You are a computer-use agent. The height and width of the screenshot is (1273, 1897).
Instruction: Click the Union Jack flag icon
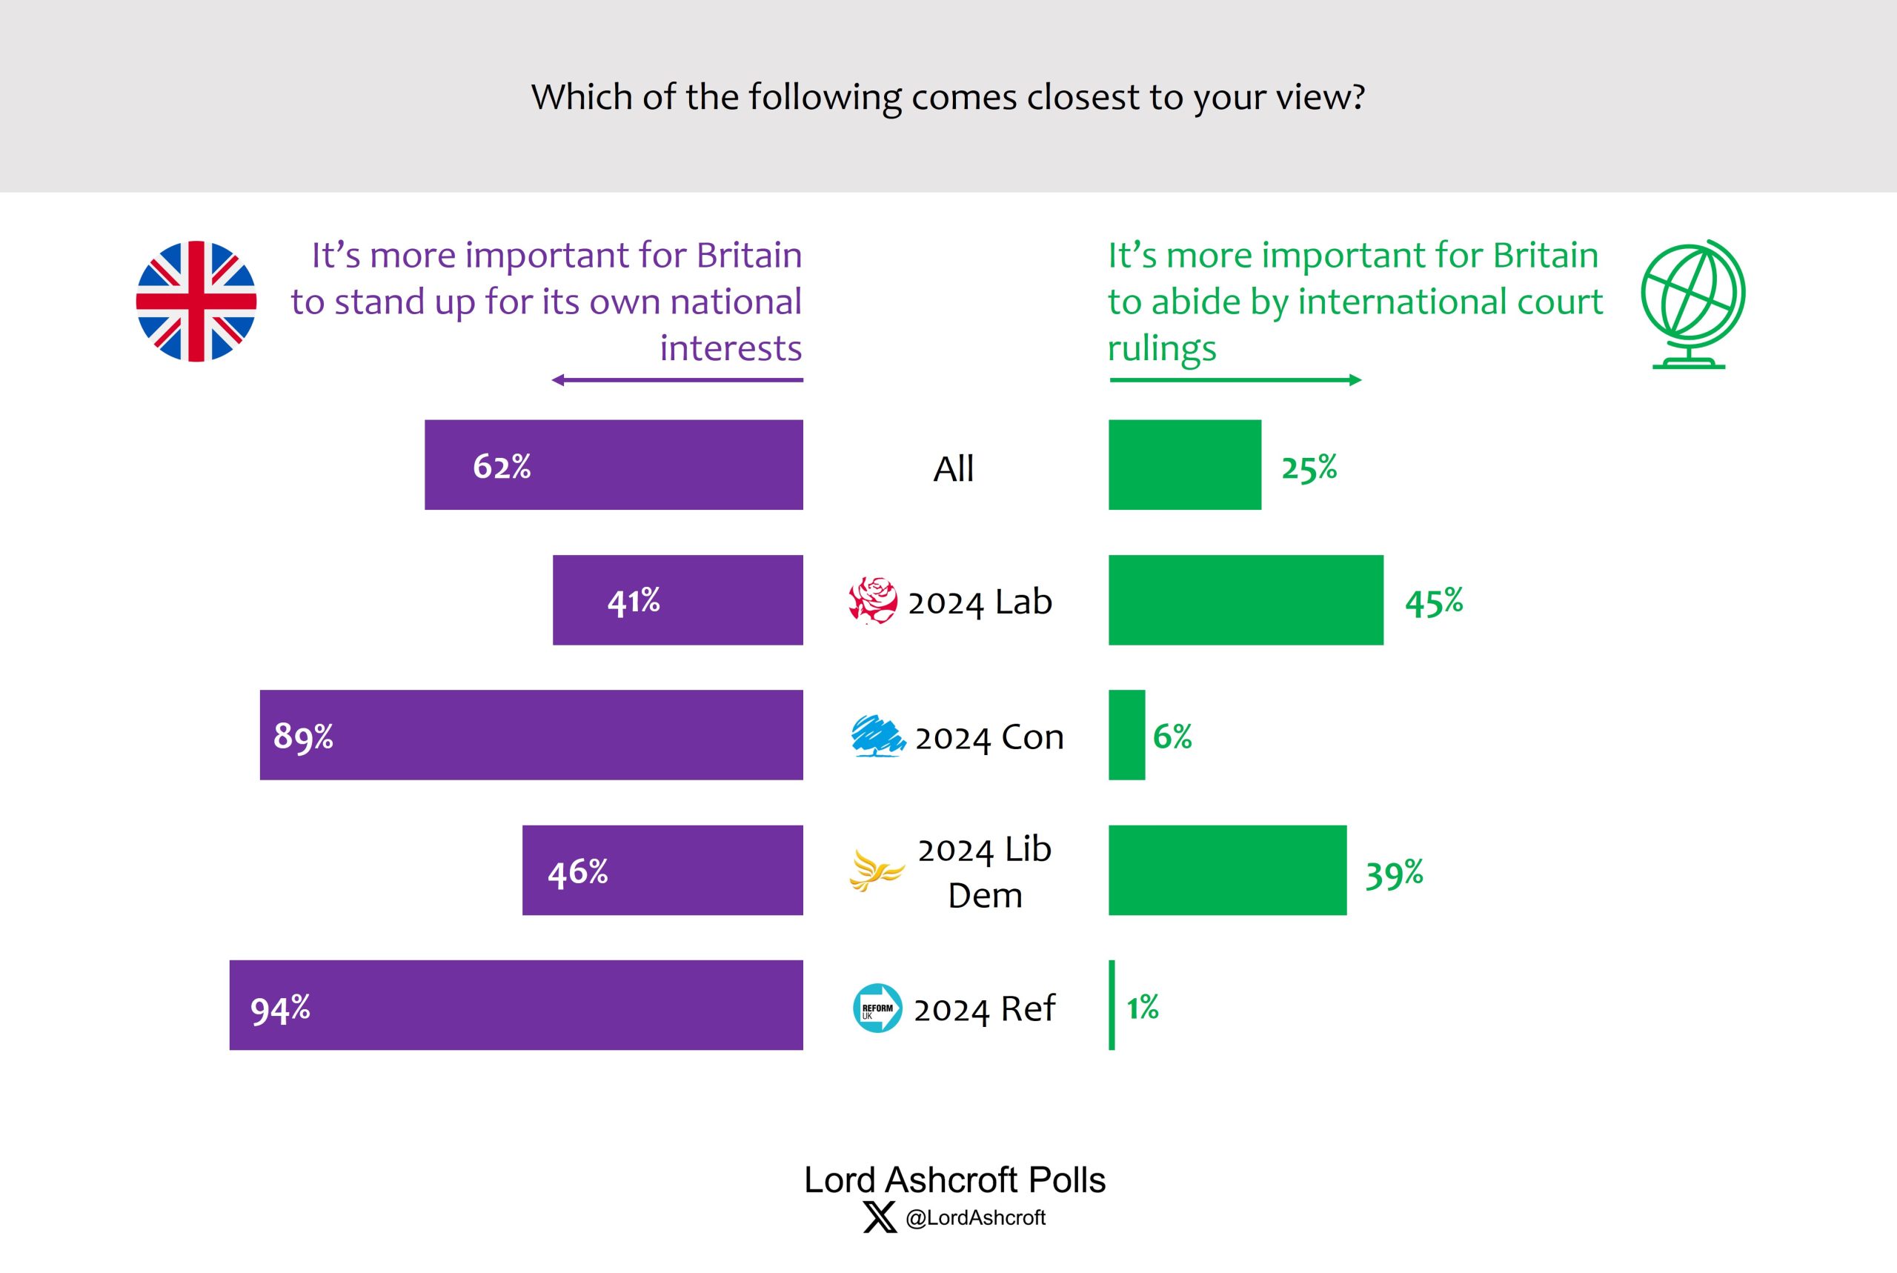click(196, 301)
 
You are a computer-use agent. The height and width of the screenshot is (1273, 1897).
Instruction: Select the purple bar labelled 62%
click(614, 465)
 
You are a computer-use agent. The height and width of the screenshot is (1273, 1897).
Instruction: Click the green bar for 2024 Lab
click(1245, 600)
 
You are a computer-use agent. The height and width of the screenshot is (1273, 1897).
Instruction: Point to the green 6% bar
click(1126, 736)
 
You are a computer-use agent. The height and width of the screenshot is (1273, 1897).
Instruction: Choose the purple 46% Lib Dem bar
click(662, 871)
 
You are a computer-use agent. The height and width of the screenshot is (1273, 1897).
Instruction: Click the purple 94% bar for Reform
click(516, 1005)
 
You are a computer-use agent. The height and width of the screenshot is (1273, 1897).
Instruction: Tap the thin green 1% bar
click(1112, 1005)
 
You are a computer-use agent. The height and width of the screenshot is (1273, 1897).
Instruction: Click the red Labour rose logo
click(873, 601)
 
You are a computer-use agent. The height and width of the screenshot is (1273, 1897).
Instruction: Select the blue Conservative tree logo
click(877, 736)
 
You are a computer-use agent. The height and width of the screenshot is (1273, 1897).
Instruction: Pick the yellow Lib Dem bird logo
click(876, 871)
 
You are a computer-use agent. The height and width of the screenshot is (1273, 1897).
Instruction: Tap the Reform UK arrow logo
click(877, 1008)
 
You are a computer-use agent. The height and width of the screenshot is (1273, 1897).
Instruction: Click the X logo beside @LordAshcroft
click(880, 1217)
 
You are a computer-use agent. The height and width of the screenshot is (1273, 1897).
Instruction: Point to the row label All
click(953, 468)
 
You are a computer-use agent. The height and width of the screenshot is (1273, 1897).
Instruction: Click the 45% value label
click(1434, 602)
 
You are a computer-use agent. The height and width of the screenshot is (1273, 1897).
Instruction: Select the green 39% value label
click(1394, 874)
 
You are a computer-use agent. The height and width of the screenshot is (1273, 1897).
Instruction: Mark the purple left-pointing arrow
click(677, 380)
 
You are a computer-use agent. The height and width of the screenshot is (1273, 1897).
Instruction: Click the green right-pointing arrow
click(1235, 380)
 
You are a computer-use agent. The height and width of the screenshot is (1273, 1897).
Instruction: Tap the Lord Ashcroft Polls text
click(954, 1180)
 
